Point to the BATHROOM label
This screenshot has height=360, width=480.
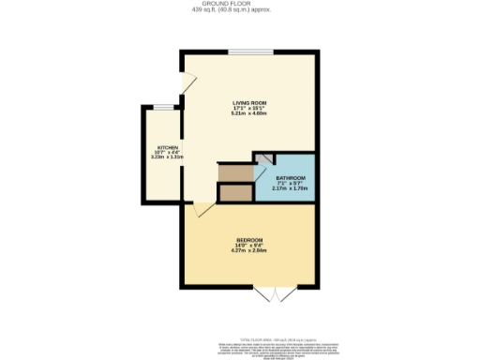[x=289, y=177]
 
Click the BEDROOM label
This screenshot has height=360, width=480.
[x=249, y=241]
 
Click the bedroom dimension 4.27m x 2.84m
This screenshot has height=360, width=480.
[x=249, y=252]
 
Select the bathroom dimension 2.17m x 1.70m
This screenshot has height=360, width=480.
[x=289, y=187]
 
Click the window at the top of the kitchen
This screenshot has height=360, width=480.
[x=166, y=107]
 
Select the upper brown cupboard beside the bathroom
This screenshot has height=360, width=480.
[x=234, y=172]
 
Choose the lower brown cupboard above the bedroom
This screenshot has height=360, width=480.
[x=234, y=193]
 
